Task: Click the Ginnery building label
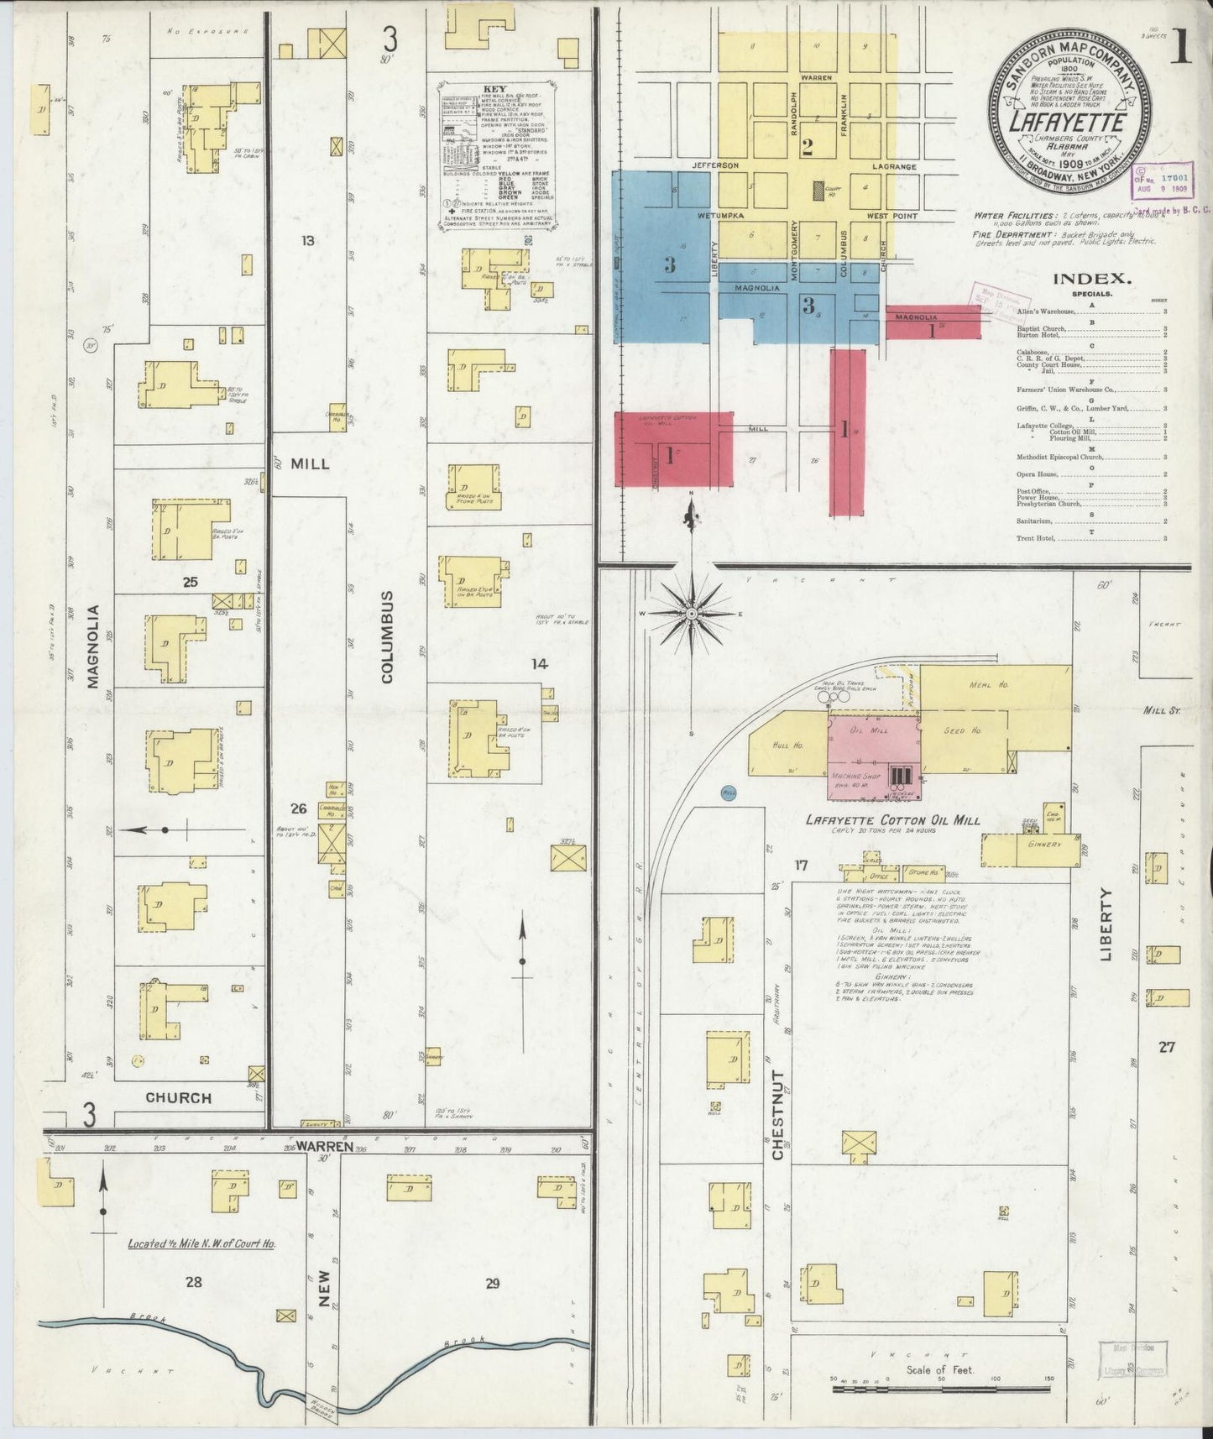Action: [1043, 844]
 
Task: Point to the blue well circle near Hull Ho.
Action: [728, 792]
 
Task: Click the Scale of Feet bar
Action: [939, 1389]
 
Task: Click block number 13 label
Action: [308, 241]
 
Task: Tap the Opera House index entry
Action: [1038, 474]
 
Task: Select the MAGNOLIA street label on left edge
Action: [93, 646]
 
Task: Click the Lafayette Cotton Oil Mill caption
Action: [892, 820]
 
